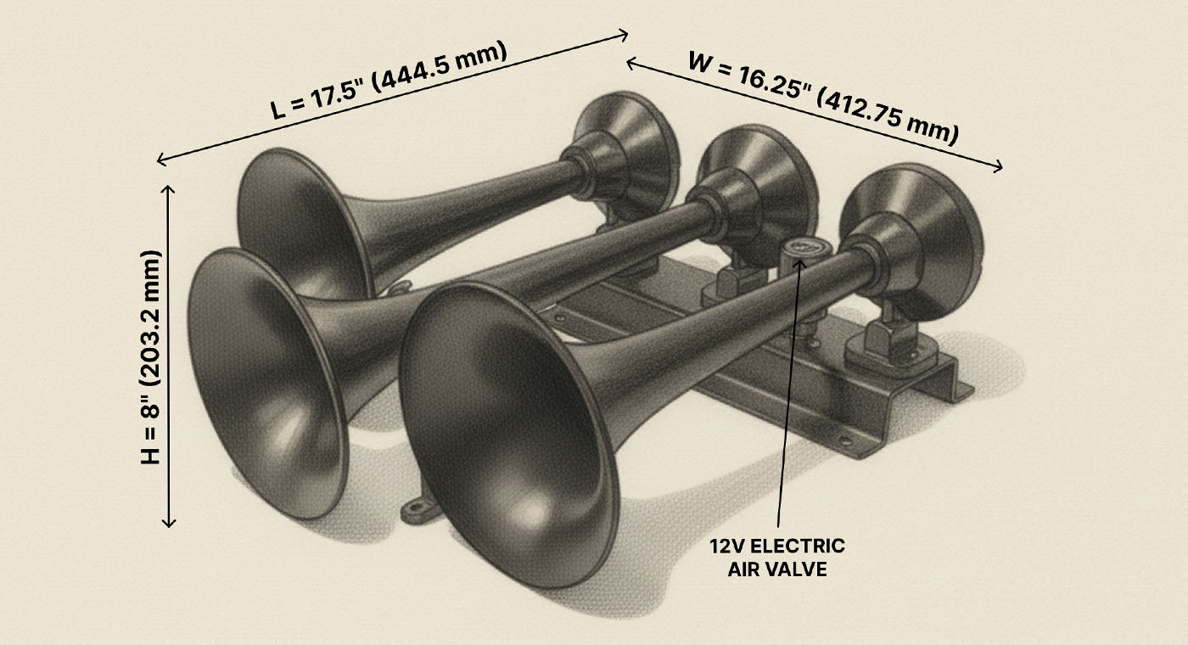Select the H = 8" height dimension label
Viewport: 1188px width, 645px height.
[150, 356]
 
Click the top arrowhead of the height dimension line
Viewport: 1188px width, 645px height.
[170, 188]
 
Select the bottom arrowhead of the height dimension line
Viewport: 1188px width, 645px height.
[170, 524]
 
